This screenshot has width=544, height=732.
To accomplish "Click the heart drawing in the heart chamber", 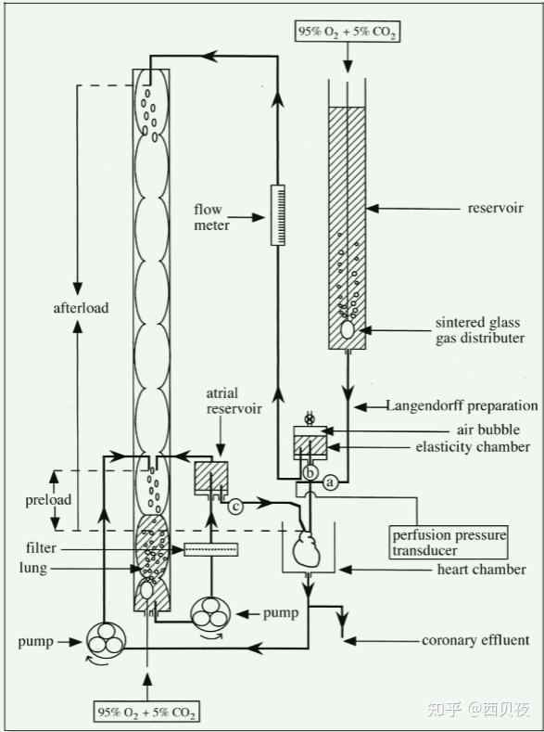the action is coord(306,549).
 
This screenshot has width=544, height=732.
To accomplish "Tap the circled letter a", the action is coord(331,482).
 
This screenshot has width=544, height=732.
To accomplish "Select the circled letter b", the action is coord(310,473).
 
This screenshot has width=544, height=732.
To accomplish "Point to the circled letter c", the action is coord(235,506).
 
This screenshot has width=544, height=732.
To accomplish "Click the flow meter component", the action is coord(278,215).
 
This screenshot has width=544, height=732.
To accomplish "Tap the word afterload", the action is coord(82,308).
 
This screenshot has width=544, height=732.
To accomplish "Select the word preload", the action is coord(48,500).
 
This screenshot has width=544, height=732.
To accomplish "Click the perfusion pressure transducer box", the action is coord(449,543).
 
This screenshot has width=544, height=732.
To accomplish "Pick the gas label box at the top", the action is coord(348,32).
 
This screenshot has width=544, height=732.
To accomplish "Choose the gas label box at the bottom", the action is coord(146,713).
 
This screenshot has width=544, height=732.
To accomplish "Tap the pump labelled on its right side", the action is coord(210,614).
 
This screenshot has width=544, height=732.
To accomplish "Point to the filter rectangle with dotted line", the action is coord(211,549).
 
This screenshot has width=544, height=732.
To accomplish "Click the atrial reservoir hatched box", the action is coord(211,478).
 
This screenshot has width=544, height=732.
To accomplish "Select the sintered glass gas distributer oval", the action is coord(347,329).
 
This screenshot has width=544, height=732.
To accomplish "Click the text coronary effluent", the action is coord(475,640).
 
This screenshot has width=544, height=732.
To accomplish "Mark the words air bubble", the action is coord(488,430).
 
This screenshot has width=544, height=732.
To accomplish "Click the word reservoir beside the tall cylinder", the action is coord(496,208).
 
